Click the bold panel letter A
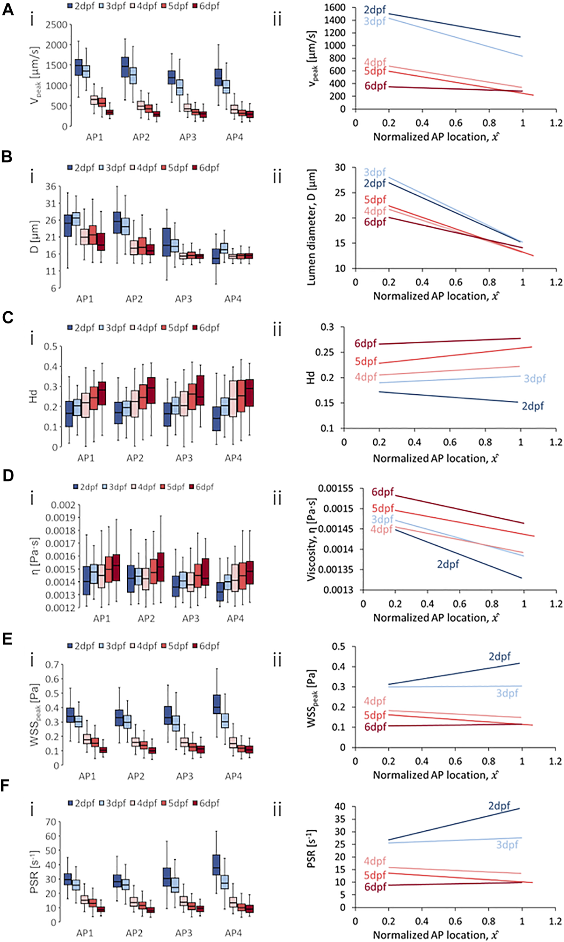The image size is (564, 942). [x=8, y=9]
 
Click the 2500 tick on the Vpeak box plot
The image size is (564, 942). [x=56, y=25]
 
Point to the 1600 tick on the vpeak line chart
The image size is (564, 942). [x=334, y=8]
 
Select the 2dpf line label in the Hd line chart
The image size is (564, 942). [x=532, y=406]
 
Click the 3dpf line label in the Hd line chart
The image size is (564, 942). [x=534, y=379]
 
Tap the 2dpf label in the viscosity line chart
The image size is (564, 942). [x=448, y=564]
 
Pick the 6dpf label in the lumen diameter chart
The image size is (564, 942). [x=375, y=222]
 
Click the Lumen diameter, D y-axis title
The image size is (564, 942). [x=311, y=227]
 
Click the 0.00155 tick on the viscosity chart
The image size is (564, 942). [x=336, y=489]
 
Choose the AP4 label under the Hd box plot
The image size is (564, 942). [x=233, y=458]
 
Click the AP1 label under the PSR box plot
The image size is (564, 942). [x=85, y=933]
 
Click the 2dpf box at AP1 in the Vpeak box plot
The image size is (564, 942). [x=79, y=67]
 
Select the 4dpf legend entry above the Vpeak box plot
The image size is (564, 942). [x=143, y=6]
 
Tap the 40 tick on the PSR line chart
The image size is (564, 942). [x=340, y=806]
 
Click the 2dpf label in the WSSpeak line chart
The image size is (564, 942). [x=500, y=656]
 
